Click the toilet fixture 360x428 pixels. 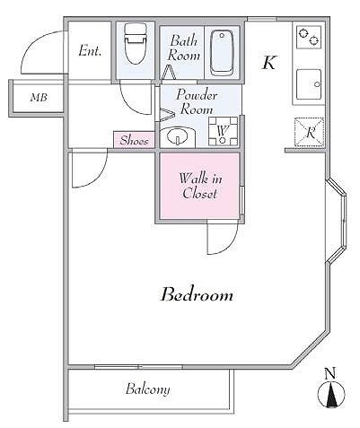135,44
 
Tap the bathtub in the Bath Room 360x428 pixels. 222,53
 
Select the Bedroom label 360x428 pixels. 197,295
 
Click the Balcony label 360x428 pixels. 148,389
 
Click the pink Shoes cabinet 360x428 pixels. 135,140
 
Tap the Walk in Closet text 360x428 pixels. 200,186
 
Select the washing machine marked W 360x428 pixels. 223,131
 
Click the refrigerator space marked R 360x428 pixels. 310,133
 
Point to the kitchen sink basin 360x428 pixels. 309,84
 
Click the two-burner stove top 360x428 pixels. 309,37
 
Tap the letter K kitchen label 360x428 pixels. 269,63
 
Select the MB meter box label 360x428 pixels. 39,97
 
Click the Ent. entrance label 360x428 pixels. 90,50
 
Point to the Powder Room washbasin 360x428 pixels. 177,137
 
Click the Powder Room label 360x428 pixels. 197,101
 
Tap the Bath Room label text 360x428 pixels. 183,48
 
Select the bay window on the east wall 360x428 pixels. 337,221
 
